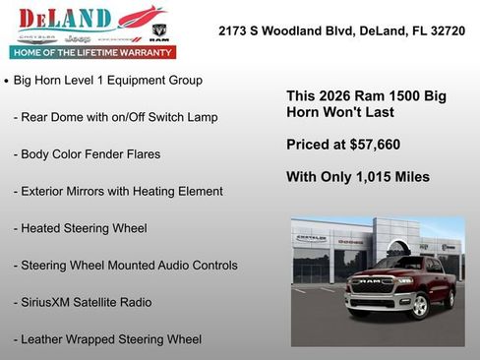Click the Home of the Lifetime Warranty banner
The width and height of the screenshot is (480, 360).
[92, 52]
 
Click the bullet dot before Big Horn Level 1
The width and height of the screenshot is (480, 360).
[7, 81]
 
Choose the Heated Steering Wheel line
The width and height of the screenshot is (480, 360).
[81, 228]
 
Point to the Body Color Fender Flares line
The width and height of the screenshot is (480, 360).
[87, 154]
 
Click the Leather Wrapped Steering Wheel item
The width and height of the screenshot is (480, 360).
[108, 339]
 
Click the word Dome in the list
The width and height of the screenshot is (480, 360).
[70, 117]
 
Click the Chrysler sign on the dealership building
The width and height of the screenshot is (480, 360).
[312, 237]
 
